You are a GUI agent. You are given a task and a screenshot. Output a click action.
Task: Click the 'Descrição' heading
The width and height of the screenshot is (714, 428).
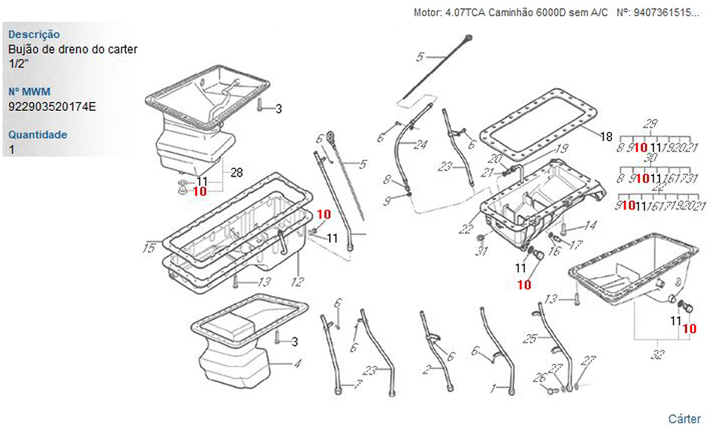[34, 34]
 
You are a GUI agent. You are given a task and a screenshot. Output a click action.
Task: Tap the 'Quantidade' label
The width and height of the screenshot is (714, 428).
[38, 134]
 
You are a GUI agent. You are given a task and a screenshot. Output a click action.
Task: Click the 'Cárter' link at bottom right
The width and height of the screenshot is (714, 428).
[684, 419]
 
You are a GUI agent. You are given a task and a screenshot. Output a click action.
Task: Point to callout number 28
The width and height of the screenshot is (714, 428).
[237, 173]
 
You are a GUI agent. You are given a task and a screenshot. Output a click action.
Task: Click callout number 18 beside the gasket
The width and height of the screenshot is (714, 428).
[606, 136]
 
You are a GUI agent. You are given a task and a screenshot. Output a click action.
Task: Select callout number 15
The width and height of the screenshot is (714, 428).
[149, 248]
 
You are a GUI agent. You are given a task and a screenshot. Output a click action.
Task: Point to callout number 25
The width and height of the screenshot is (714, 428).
[530, 340]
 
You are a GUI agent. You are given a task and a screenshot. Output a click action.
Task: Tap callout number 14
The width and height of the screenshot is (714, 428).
[590, 226]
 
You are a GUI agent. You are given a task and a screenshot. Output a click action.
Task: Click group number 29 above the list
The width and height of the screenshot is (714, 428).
[650, 123]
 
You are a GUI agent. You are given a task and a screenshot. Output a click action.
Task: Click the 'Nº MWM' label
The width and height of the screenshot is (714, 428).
[28, 92]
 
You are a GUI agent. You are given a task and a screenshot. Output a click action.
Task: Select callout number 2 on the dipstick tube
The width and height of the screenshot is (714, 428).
[426, 369]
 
